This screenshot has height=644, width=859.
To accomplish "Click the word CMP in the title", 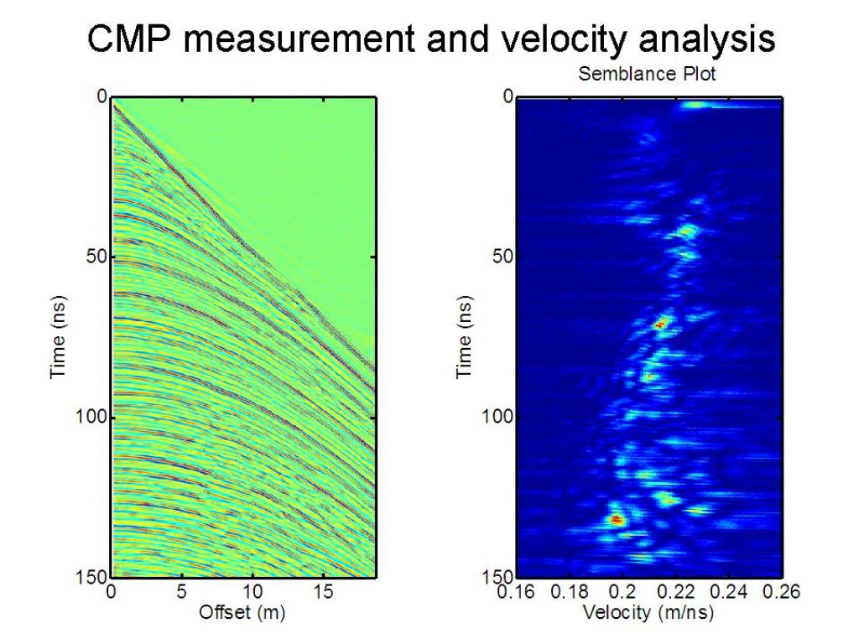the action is pyautogui.click(x=128, y=39).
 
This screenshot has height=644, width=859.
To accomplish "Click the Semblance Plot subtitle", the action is pyautogui.click(x=647, y=74).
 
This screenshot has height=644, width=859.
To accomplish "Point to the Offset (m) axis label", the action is pyautogui.click(x=242, y=611).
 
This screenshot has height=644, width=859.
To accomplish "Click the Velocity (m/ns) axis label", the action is pyautogui.click(x=648, y=611).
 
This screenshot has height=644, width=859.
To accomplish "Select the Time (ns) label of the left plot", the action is pyautogui.click(x=58, y=337).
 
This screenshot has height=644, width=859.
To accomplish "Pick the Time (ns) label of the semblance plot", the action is pyautogui.click(x=464, y=337).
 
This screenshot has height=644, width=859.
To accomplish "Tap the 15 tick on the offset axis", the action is pyautogui.click(x=323, y=591).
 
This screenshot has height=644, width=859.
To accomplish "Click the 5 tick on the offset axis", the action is pyautogui.click(x=181, y=591).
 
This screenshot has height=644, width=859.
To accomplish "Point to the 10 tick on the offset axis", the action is pyautogui.click(x=252, y=591).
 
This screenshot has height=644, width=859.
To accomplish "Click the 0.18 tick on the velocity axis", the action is pyautogui.click(x=570, y=591).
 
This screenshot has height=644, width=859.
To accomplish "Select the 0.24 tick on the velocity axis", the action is pyautogui.click(x=729, y=591).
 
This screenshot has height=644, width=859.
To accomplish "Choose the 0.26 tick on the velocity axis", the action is pyautogui.click(x=781, y=591).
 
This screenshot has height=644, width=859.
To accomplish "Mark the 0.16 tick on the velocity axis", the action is pyautogui.click(x=516, y=591).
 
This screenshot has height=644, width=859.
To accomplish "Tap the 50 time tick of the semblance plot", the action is pyautogui.click(x=502, y=257).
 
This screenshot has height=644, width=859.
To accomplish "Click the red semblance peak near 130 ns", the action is pyautogui.click(x=617, y=519).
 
